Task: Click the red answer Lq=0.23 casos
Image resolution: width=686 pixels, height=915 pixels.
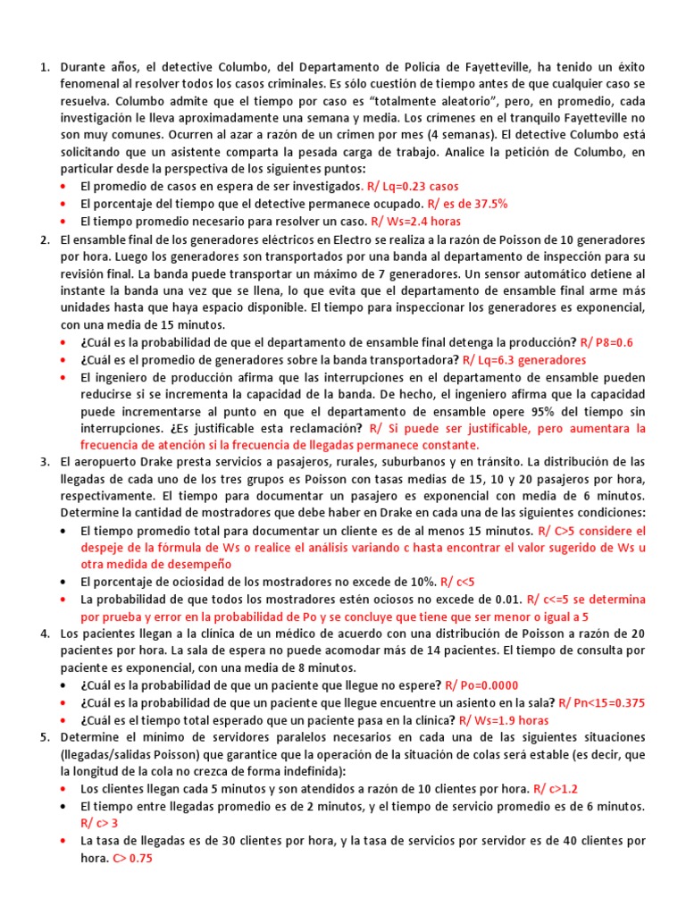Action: [x=413, y=186]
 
